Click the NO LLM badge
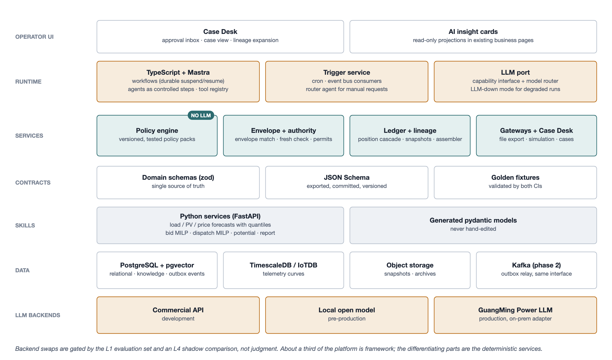(201, 115)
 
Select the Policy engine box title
(157, 131)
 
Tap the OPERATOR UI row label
(34, 37)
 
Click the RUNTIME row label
(28, 82)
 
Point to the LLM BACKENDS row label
(38, 315)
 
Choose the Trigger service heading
(347, 72)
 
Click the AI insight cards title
(473, 32)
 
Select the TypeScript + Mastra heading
(178, 72)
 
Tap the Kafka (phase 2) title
(537, 265)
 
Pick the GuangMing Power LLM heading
(515, 310)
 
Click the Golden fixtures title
(515, 177)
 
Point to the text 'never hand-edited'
(473, 229)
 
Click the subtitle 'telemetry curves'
(284, 274)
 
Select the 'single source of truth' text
(178, 186)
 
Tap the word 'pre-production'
(347, 318)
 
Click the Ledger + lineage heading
(410, 131)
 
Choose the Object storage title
(410, 265)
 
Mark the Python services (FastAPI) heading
(220, 216)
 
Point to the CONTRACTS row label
(33, 183)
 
